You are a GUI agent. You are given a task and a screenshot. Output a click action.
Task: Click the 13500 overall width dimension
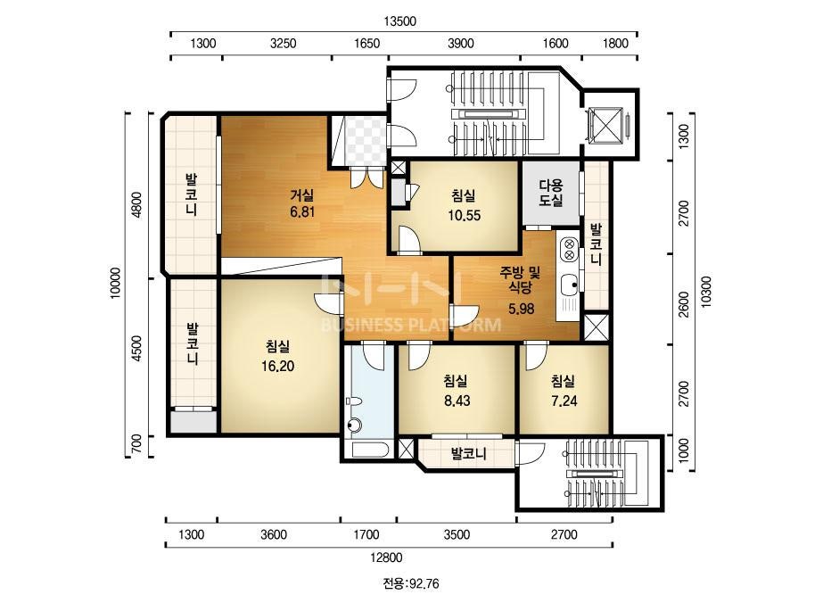click(400, 21)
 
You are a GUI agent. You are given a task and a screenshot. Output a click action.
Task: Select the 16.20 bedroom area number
click(277, 366)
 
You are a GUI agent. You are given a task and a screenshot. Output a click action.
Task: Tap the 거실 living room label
click(302, 195)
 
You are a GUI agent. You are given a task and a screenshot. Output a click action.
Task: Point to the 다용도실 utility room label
click(551, 193)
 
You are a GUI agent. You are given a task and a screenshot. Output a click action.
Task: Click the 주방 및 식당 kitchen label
click(520, 279)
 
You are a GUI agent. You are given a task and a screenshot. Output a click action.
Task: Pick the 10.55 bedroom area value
click(464, 215)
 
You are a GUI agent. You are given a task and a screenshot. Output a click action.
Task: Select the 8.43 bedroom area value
click(457, 401)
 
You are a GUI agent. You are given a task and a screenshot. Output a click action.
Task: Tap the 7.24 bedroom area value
click(564, 401)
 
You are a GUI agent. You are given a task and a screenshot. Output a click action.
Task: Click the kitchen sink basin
click(569, 285)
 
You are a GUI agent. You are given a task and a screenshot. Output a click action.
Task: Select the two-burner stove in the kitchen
click(569, 250)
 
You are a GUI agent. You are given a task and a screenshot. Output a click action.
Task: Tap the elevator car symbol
click(605, 126)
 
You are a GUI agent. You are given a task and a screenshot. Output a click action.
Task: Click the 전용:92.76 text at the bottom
click(410, 583)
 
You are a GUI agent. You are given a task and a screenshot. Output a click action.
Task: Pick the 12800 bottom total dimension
click(386, 558)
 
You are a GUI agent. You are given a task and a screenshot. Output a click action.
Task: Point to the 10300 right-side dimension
click(706, 292)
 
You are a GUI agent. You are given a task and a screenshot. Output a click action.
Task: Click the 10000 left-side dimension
click(116, 283)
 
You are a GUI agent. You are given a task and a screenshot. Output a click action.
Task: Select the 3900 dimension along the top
click(461, 43)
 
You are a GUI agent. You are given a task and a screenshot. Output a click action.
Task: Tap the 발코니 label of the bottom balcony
click(469, 453)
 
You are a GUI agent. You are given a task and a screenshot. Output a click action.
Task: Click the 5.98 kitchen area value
click(522, 309)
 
